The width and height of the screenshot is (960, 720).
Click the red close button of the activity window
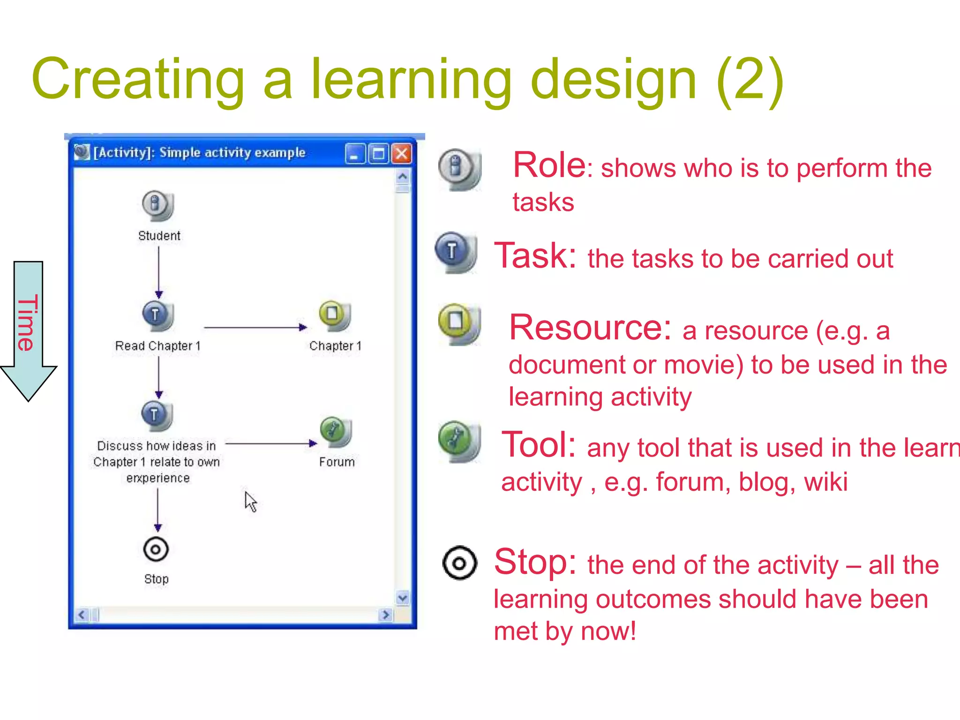[x=402, y=154]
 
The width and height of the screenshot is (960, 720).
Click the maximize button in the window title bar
[x=379, y=154]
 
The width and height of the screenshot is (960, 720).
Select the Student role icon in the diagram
[x=157, y=205]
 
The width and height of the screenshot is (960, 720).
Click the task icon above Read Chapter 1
[x=157, y=315]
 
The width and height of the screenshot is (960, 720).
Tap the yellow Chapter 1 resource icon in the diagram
[x=334, y=315]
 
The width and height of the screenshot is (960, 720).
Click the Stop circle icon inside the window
[x=156, y=549]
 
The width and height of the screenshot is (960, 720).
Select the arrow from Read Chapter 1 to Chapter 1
[x=255, y=327]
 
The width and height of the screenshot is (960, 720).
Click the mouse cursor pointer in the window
[x=250, y=502]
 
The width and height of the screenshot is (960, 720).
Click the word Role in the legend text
[x=548, y=165]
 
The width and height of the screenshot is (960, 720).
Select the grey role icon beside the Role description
[x=458, y=169]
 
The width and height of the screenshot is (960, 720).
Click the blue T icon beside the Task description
[x=455, y=252]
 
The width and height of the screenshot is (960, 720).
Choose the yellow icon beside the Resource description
[x=458, y=323]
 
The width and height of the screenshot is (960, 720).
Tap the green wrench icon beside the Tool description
[x=458, y=441]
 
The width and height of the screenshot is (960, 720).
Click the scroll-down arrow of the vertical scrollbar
[x=402, y=598]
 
